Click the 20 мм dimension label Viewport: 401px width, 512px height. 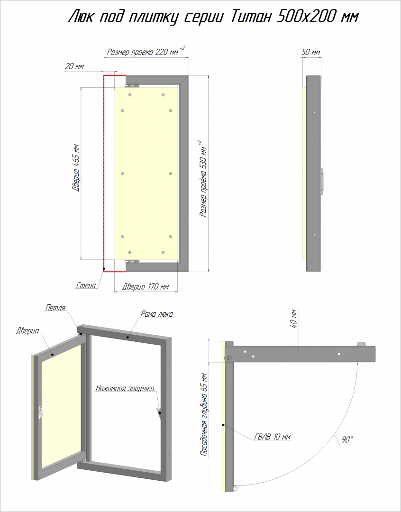point(74,67)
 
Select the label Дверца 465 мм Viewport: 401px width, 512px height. point(76,167)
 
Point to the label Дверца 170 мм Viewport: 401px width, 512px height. point(146,287)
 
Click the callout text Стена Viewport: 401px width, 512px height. point(86,286)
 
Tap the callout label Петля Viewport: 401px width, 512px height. point(55,308)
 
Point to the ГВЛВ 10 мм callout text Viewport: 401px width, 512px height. point(272,437)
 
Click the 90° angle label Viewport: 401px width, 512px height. point(347,440)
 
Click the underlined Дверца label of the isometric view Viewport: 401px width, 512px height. point(27,331)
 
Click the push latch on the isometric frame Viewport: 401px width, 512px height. point(160,413)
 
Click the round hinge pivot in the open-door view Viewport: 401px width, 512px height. point(229,358)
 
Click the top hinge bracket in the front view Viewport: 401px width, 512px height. point(133,86)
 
